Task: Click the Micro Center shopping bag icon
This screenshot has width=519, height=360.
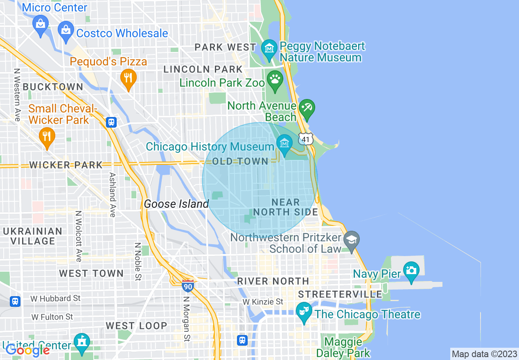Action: [x=41, y=23]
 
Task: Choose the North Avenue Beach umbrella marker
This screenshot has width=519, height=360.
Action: [x=307, y=108]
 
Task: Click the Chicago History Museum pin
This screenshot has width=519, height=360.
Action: [x=284, y=143]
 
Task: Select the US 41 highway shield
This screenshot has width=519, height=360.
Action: [x=305, y=139]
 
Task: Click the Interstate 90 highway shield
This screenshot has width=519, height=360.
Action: [x=187, y=286]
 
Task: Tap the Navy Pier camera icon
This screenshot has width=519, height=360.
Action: [x=411, y=270]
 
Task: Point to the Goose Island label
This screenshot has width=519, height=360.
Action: [x=176, y=204]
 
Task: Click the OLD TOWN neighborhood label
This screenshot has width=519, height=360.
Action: [x=240, y=161]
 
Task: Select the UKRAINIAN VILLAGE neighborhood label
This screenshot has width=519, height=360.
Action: [x=33, y=236]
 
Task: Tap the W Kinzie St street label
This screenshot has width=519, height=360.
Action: [x=263, y=302]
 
